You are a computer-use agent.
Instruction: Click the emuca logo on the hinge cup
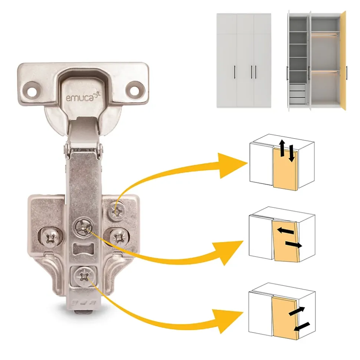(83, 97)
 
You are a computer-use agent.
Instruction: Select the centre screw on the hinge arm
(84, 227)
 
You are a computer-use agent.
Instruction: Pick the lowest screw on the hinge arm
(84, 277)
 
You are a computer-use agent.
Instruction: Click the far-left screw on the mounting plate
(52, 238)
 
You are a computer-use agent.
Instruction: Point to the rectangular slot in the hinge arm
(84, 249)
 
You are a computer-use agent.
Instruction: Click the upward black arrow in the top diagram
(282, 148)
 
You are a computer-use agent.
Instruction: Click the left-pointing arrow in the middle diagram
(285, 231)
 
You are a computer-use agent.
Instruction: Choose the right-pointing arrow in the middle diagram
(294, 244)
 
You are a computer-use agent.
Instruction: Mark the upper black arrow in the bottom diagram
(297, 311)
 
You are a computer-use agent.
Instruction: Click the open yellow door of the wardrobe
(343, 60)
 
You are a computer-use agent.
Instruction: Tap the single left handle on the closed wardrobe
(235, 72)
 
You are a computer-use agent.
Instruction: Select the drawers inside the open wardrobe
(297, 94)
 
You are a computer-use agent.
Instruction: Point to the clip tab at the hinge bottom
(84, 312)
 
